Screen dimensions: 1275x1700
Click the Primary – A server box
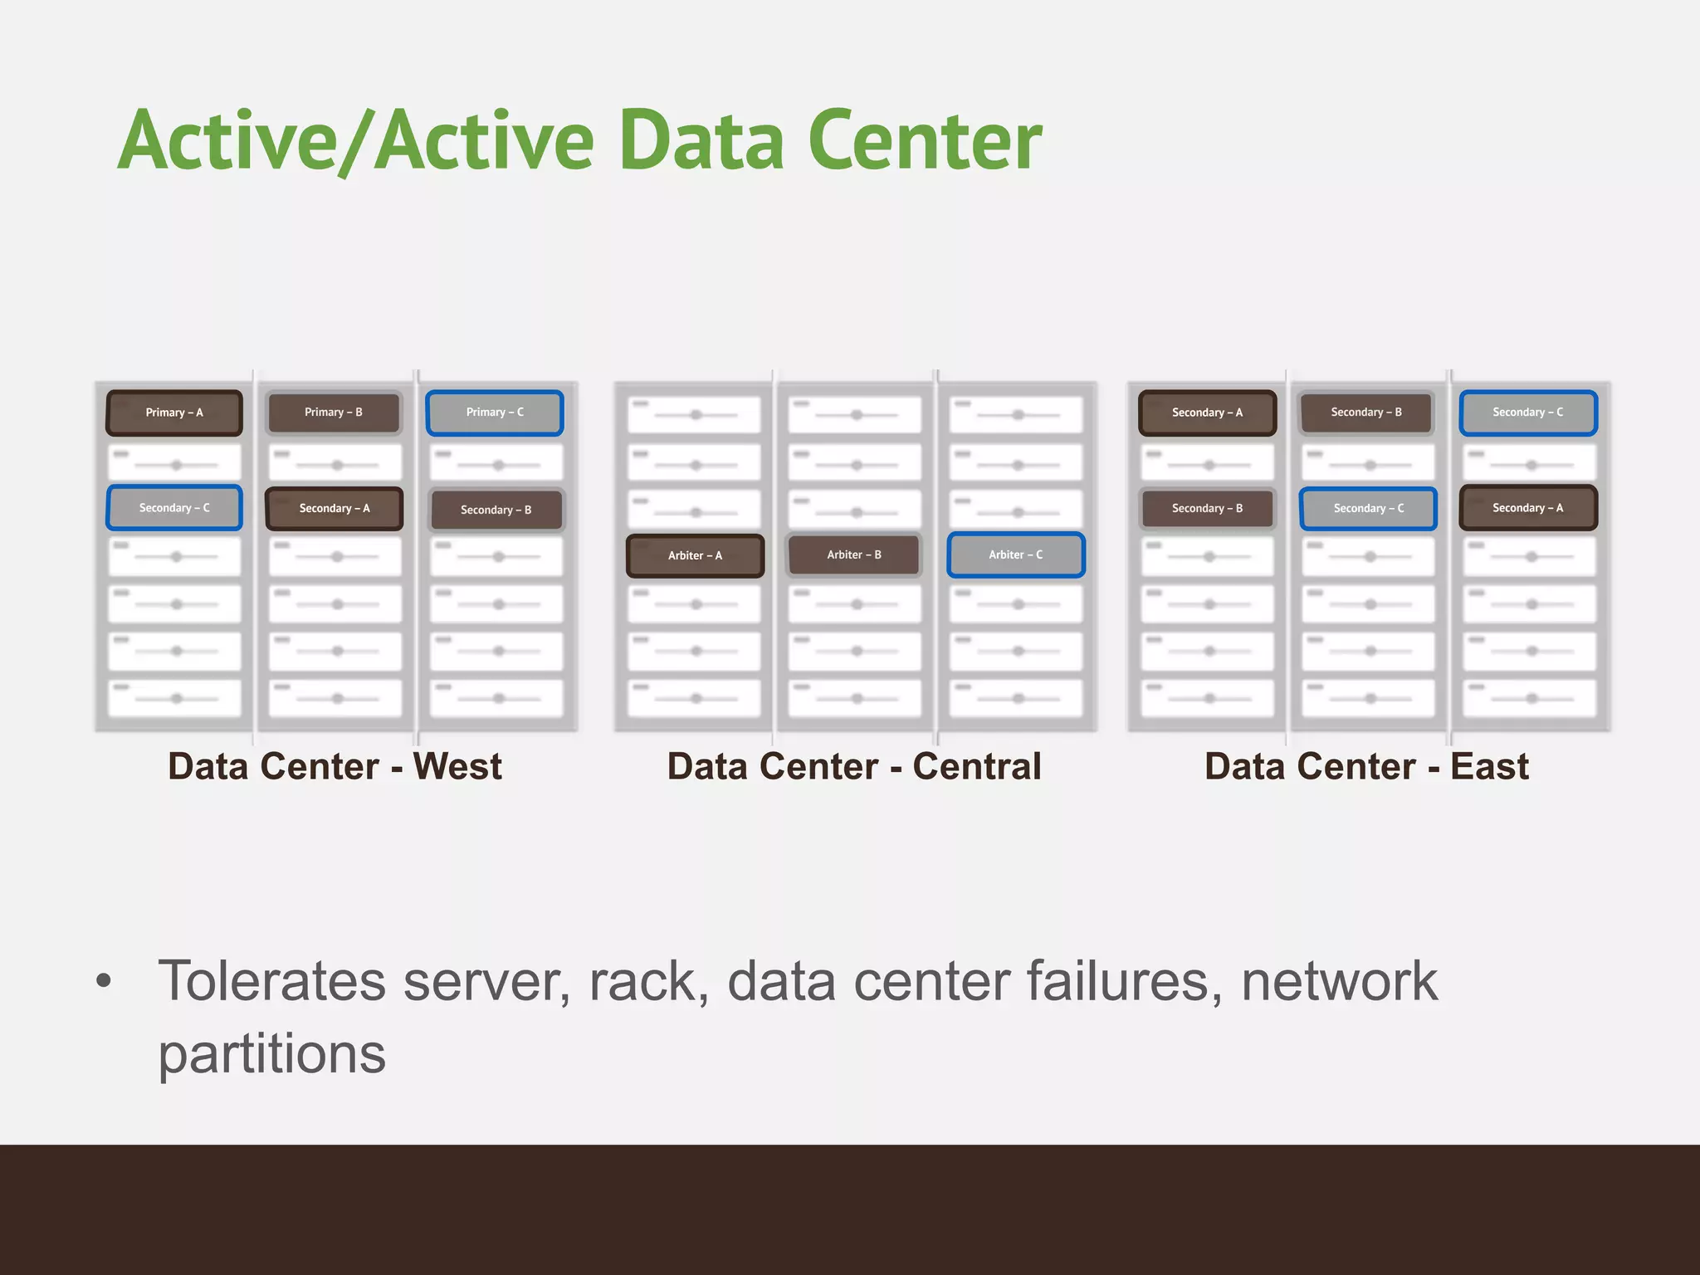click(x=174, y=413)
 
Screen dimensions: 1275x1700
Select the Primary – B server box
click(x=334, y=413)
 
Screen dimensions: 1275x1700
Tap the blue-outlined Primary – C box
click(x=495, y=413)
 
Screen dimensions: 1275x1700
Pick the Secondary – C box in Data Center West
click(x=174, y=508)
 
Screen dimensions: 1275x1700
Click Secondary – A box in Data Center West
click(x=335, y=509)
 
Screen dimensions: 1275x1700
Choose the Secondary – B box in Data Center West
click(x=496, y=510)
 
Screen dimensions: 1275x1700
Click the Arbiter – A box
click(x=695, y=555)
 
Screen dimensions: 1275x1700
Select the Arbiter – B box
click(x=854, y=554)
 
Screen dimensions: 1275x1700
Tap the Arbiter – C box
click(x=1016, y=554)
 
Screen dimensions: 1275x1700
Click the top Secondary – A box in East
click(x=1207, y=413)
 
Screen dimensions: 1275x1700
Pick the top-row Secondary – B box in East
click(x=1366, y=413)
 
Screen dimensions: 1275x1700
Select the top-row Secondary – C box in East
click(x=1528, y=413)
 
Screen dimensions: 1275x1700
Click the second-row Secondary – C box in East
click(x=1369, y=508)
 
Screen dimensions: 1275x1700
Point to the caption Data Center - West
click(x=335, y=766)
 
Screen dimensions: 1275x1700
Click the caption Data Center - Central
click(x=854, y=766)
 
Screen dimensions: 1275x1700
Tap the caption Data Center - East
click(x=1366, y=766)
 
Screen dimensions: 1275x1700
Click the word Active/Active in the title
click(x=357, y=141)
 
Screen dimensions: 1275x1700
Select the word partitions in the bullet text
click(x=272, y=1054)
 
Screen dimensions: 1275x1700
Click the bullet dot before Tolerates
click(x=104, y=981)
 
